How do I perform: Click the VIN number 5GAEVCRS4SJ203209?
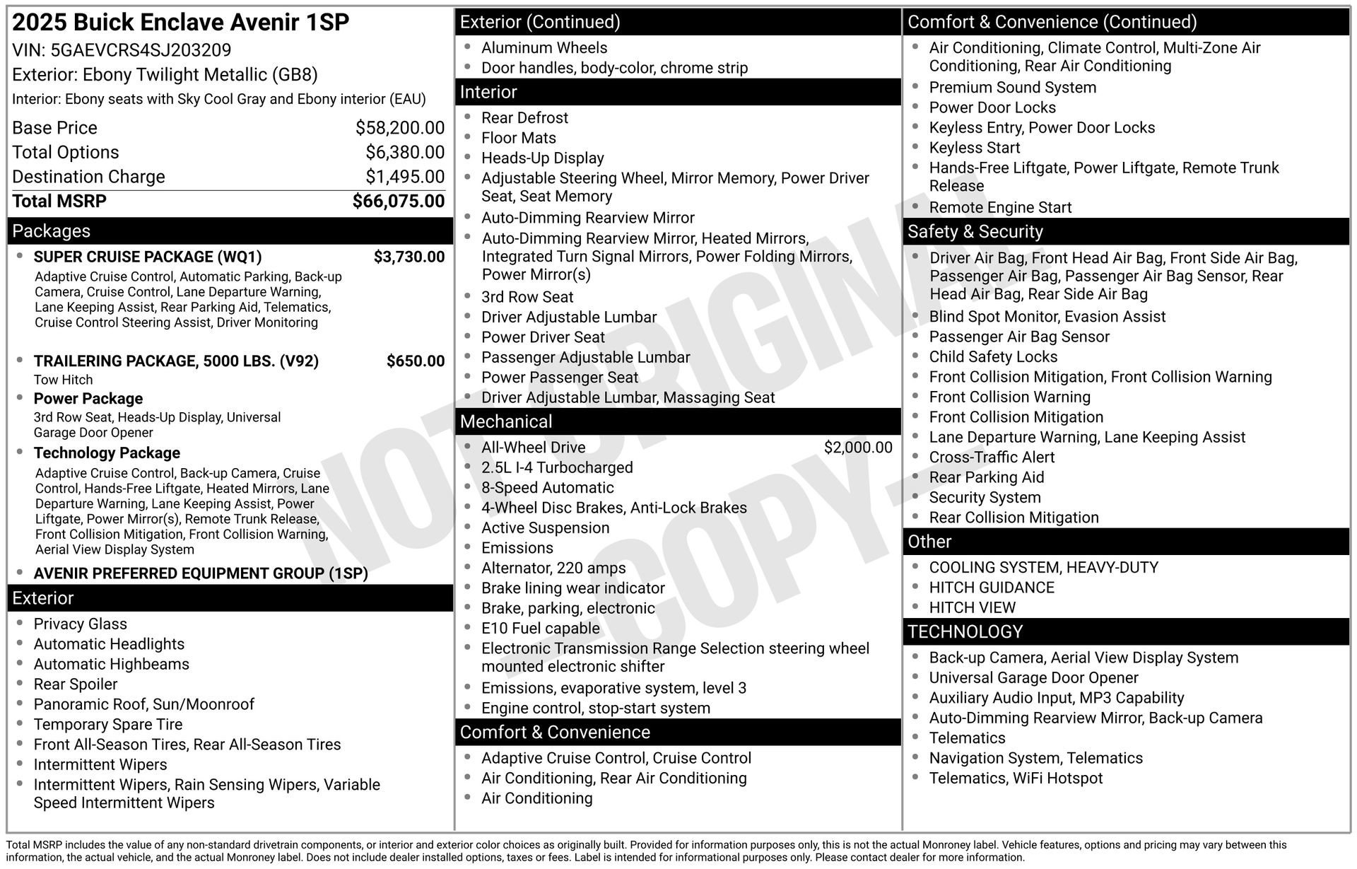(x=141, y=50)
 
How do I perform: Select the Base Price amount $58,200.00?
(x=399, y=128)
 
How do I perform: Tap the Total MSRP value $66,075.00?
(x=398, y=202)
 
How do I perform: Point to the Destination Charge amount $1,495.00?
(x=404, y=177)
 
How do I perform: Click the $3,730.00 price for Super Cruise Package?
(x=409, y=257)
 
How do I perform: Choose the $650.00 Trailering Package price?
(x=415, y=361)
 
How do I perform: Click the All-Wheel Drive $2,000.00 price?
(x=857, y=448)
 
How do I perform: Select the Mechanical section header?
(x=506, y=422)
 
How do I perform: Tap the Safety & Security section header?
(x=975, y=232)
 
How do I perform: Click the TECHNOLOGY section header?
(x=964, y=632)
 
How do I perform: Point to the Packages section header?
(x=51, y=231)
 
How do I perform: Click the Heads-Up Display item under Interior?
(x=542, y=158)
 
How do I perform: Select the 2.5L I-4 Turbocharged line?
(x=556, y=468)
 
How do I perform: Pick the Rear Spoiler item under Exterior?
(x=76, y=684)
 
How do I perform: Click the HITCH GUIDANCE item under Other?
(x=991, y=588)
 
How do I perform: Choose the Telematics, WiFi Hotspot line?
(x=1015, y=778)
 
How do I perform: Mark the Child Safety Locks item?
(x=992, y=357)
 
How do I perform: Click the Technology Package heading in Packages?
(x=107, y=453)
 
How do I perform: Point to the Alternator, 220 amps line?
(x=553, y=568)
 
